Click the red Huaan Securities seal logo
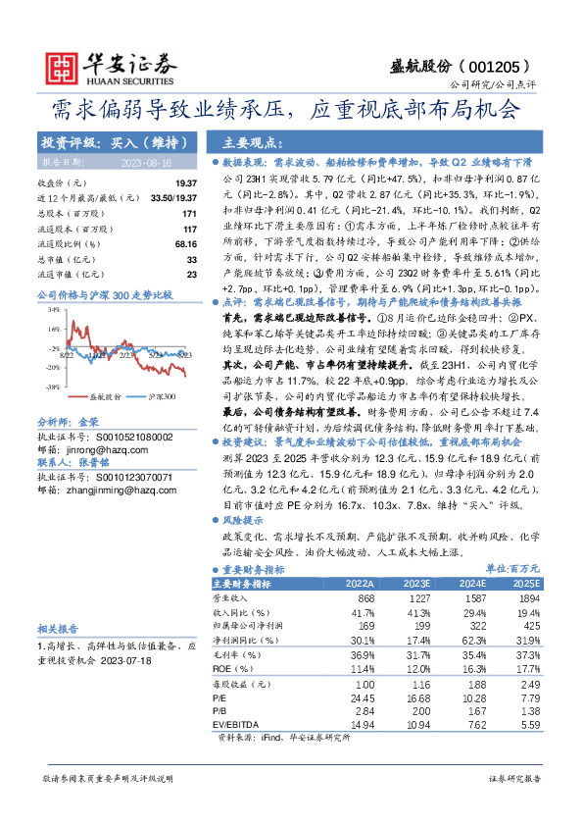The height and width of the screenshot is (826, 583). pos(62,64)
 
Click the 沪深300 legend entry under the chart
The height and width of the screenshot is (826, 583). pos(162,370)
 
